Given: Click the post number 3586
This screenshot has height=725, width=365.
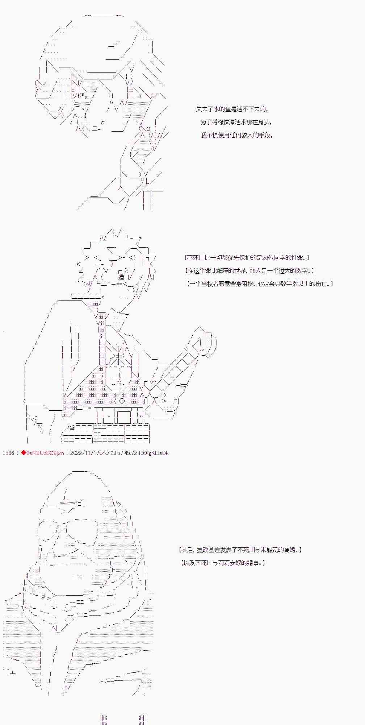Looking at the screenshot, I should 8,453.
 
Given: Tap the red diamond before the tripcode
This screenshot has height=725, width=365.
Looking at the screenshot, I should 23,453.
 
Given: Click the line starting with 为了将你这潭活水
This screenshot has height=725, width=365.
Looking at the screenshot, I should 236,122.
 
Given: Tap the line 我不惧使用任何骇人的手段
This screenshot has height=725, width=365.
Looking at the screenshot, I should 237,135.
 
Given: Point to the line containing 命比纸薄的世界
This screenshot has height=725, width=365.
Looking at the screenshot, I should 249,271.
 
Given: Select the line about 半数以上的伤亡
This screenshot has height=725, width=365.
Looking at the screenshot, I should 260,284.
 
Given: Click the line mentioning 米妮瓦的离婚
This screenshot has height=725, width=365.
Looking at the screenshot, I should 240,550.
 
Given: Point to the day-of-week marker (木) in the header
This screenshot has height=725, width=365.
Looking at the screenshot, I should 104,453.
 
